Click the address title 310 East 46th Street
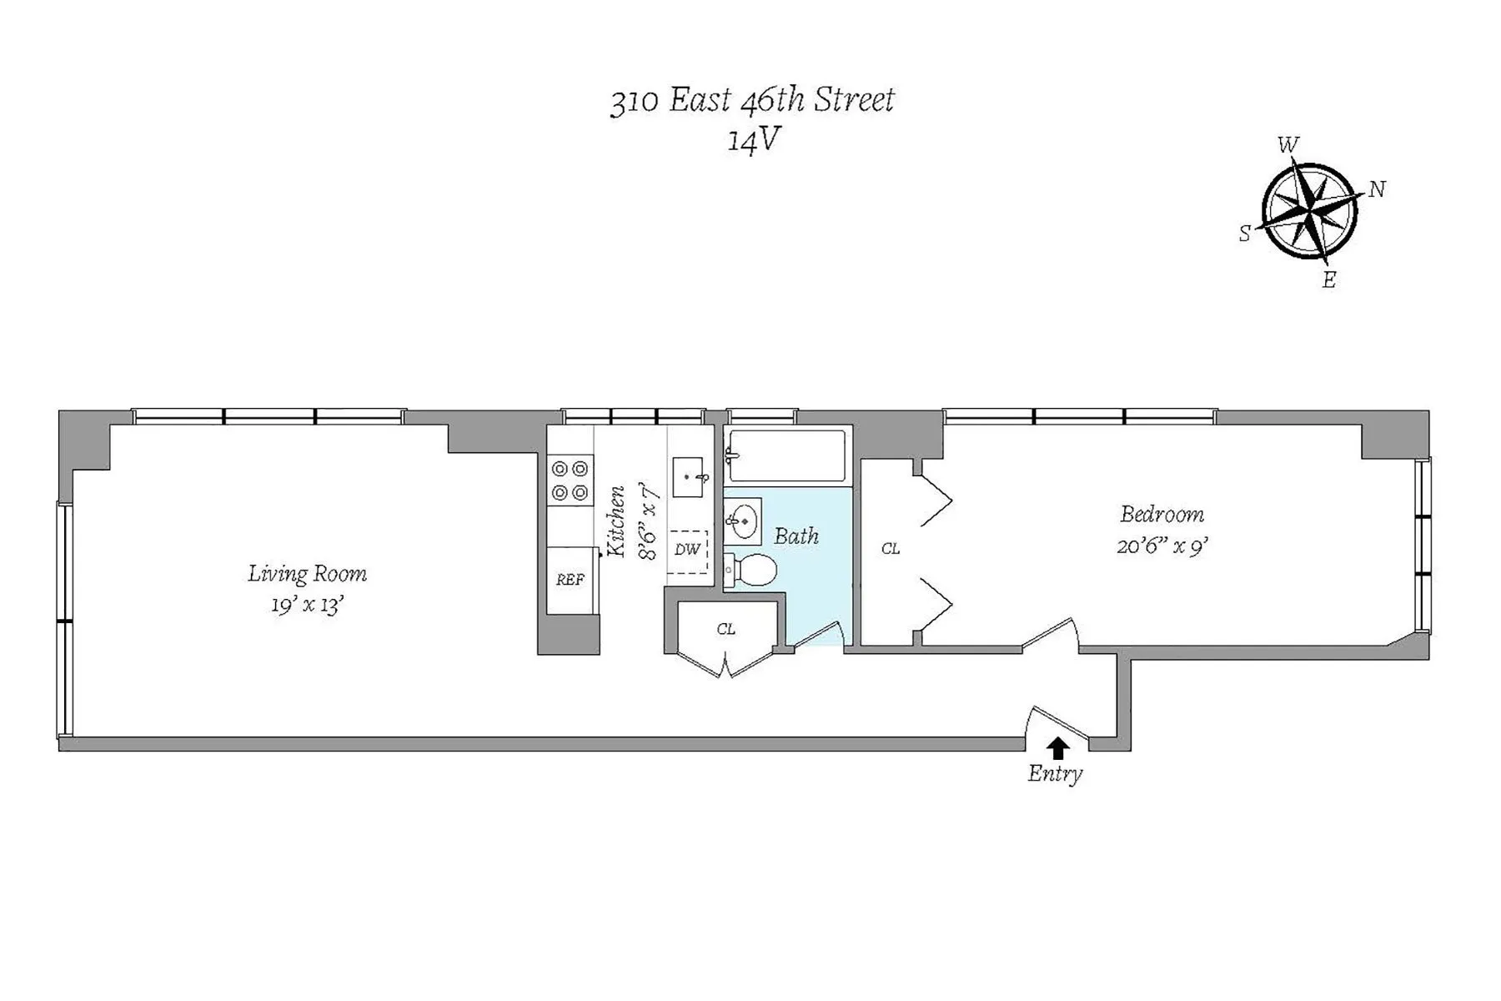(752, 101)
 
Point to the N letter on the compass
(1377, 190)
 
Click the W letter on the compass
(1288, 145)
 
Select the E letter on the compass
(1328, 280)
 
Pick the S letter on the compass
(1244, 234)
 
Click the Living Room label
(307, 574)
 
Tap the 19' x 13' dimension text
(307, 605)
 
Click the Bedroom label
(1162, 514)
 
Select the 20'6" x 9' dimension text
(1162, 546)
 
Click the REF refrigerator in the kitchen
(570, 580)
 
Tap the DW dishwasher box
(687, 551)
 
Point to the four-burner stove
(570, 481)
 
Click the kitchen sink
(690, 477)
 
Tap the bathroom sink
(742, 522)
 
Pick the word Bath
(796, 536)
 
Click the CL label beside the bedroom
(891, 549)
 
